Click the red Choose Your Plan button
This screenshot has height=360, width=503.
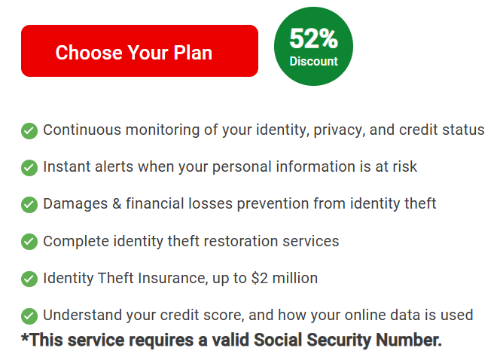139,50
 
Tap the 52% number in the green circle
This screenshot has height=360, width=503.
313,38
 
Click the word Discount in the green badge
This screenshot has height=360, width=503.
313,61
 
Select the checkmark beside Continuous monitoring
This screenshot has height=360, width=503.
29,131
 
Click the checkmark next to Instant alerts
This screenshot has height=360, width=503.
29,168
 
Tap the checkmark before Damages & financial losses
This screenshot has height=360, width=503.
29,205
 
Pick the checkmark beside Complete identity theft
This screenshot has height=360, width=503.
29,242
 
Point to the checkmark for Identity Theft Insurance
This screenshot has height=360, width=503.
29,279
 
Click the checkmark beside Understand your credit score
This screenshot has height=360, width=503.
29,316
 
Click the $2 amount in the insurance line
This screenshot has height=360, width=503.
260,278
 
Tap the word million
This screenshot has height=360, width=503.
295,278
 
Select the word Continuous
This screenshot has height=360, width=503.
82,130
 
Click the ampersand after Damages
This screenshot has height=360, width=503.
117,204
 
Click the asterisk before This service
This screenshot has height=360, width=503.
26,338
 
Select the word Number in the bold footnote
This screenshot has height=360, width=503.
409,340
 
